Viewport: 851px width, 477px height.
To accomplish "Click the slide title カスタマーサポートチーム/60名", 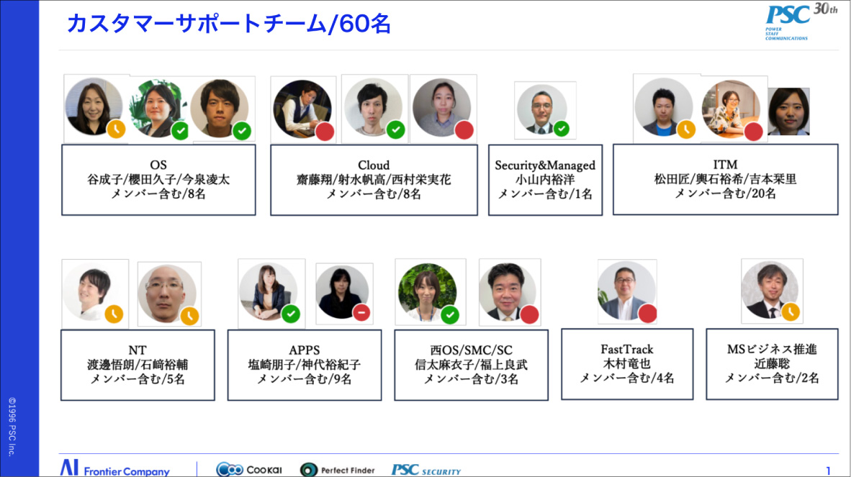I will click(228, 23).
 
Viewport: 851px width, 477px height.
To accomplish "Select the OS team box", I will click(158, 179).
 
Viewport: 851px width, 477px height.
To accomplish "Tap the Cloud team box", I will click(374, 179).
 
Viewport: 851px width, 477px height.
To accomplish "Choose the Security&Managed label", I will click(545, 165).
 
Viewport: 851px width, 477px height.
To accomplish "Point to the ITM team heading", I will click(725, 165).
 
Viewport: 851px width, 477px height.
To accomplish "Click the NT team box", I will click(138, 365).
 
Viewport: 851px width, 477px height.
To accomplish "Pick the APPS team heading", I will click(305, 350).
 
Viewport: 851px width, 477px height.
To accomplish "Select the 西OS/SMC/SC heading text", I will click(472, 350).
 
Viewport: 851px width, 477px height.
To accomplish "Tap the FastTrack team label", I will click(627, 349).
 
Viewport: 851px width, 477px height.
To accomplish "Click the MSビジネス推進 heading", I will click(772, 349).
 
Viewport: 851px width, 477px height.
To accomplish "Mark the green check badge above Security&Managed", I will click(562, 129).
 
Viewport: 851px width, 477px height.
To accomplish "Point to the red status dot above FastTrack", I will click(647, 313).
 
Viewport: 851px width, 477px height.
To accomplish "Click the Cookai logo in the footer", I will click(249, 470).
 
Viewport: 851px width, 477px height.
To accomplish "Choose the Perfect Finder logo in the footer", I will click(338, 470).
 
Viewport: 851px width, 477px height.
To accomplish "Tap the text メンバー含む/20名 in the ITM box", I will click(725, 194).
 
